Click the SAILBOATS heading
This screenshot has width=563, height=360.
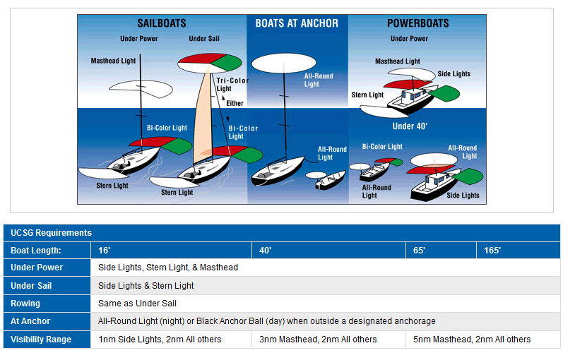pos(161,23)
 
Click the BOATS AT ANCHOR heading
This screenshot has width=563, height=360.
pos(297,23)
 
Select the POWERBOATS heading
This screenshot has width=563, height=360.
pos(417,23)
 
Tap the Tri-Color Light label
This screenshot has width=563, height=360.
pos(232,85)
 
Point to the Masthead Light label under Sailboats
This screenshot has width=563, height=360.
pos(113,61)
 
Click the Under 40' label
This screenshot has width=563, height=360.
pos(410,126)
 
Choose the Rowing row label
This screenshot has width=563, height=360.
pos(25,304)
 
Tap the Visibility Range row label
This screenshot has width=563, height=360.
pos(41,340)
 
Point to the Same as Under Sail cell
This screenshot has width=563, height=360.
pos(137,304)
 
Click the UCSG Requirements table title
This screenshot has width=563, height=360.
pos(51,232)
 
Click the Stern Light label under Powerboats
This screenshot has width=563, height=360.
pos(367,95)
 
